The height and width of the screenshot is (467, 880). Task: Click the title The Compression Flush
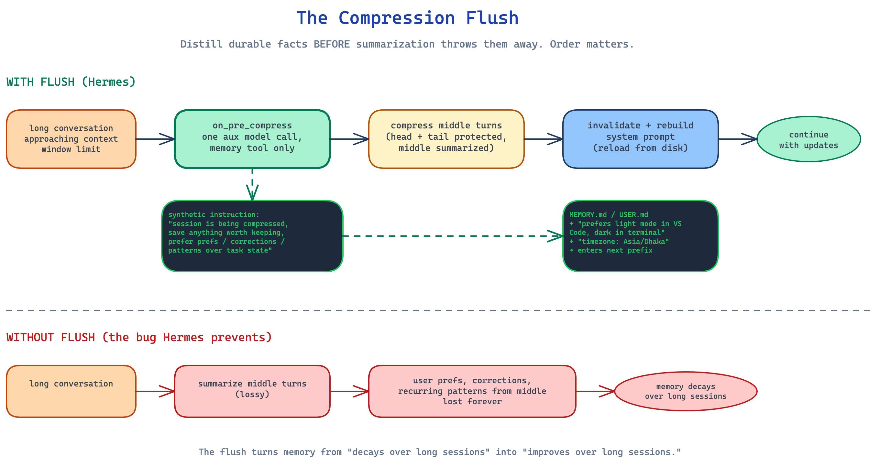pyautogui.click(x=407, y=18)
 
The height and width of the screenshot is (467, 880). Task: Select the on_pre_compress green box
pyautogui.click(x=252, y=139)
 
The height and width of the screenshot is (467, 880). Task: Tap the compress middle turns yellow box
pyautogui.click(x=446, y=139)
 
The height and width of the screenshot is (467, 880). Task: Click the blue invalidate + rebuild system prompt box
pyautogui.click(x=640, y=139)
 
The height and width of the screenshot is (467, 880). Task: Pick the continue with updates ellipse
pyautogui.click(x=808, y=139)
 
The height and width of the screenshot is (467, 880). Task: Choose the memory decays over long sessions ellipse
pyautogui.click(x=685, y=391)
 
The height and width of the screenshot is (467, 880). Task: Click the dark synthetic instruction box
pyautogui.click(x=252, y=236)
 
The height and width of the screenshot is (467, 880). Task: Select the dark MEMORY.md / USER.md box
pyautogui.click(x=640, y=236)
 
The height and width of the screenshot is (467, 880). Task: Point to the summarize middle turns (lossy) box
pyautogui.click(x=252, y=391)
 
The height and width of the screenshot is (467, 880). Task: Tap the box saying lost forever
pyautogui.click(x=472, y=391)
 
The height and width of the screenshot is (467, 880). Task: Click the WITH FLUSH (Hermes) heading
pyautogui.click(x=71, y=82)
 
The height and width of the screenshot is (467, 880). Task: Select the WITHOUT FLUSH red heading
pyautogui.click(x=139, y=337)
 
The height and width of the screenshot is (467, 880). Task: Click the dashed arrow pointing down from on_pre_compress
pyautogui.click(x=252, y=184)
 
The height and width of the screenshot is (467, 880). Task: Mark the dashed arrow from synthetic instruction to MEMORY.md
pyautogui.click(x=451, y=236)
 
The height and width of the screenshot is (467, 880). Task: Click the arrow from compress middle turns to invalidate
pyautogui.click(x=543, y=139)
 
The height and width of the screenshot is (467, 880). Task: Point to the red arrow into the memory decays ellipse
pyautogui.click(x=595, y=391)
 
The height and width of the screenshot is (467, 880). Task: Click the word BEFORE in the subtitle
pyautogui.click(x=331, y=44)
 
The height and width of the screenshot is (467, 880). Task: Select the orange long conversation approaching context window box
pyautogui.click(x=71, y=139)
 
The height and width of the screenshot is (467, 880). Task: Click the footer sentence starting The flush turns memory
pyautogui.click(x=440, y=452)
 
